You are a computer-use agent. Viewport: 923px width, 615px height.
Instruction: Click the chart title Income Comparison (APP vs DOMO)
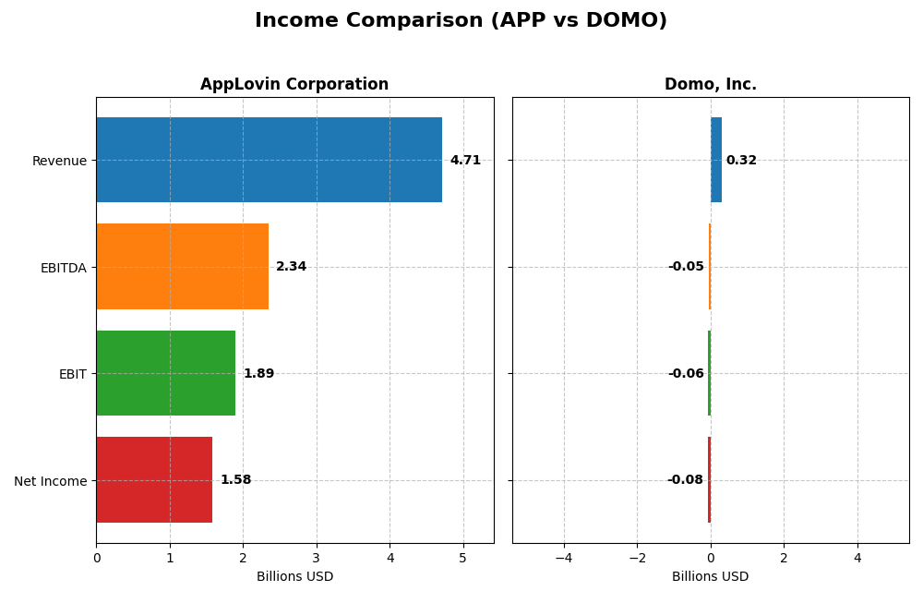[x=461, y=21]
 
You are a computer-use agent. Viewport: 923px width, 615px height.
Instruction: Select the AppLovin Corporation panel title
[x=294, y=85]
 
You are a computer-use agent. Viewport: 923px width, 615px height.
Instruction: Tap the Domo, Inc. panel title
[x=710, y=85]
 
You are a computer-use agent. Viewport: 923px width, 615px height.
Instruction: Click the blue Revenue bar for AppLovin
[x=269, y=160]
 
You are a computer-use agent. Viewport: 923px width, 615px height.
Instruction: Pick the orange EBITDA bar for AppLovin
[x=182, y=267]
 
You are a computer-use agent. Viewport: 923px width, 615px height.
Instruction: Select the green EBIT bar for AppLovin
[x=165, y=373]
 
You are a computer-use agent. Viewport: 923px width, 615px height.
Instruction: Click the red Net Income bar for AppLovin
[x=154, y=480]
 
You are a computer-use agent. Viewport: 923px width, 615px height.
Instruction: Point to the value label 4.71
[x=465, y=161]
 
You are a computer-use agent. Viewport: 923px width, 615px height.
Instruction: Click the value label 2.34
[x=291, y=267]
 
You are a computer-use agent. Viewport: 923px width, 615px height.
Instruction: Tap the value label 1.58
[x=235, y=480]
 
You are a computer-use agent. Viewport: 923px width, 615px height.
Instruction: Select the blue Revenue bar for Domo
[x=716, y=160]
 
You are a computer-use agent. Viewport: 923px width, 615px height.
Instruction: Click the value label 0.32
[x=741, y=161]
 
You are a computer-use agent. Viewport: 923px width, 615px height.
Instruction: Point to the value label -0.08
[x=685, y=480]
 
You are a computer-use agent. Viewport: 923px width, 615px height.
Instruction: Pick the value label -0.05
[x=686, y=267]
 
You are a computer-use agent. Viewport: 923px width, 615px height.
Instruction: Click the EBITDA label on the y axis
[x=64, y=268]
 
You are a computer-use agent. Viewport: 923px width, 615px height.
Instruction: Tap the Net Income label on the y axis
[x=51, y=481]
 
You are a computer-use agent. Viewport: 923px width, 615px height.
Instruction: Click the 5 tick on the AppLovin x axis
[x=463, y=558]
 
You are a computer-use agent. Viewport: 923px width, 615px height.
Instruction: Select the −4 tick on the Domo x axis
[x=563, y=558]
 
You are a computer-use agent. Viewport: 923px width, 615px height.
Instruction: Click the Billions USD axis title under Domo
[x=710, y=576]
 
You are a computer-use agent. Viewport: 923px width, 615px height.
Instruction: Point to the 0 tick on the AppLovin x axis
[x=96, y=558]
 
